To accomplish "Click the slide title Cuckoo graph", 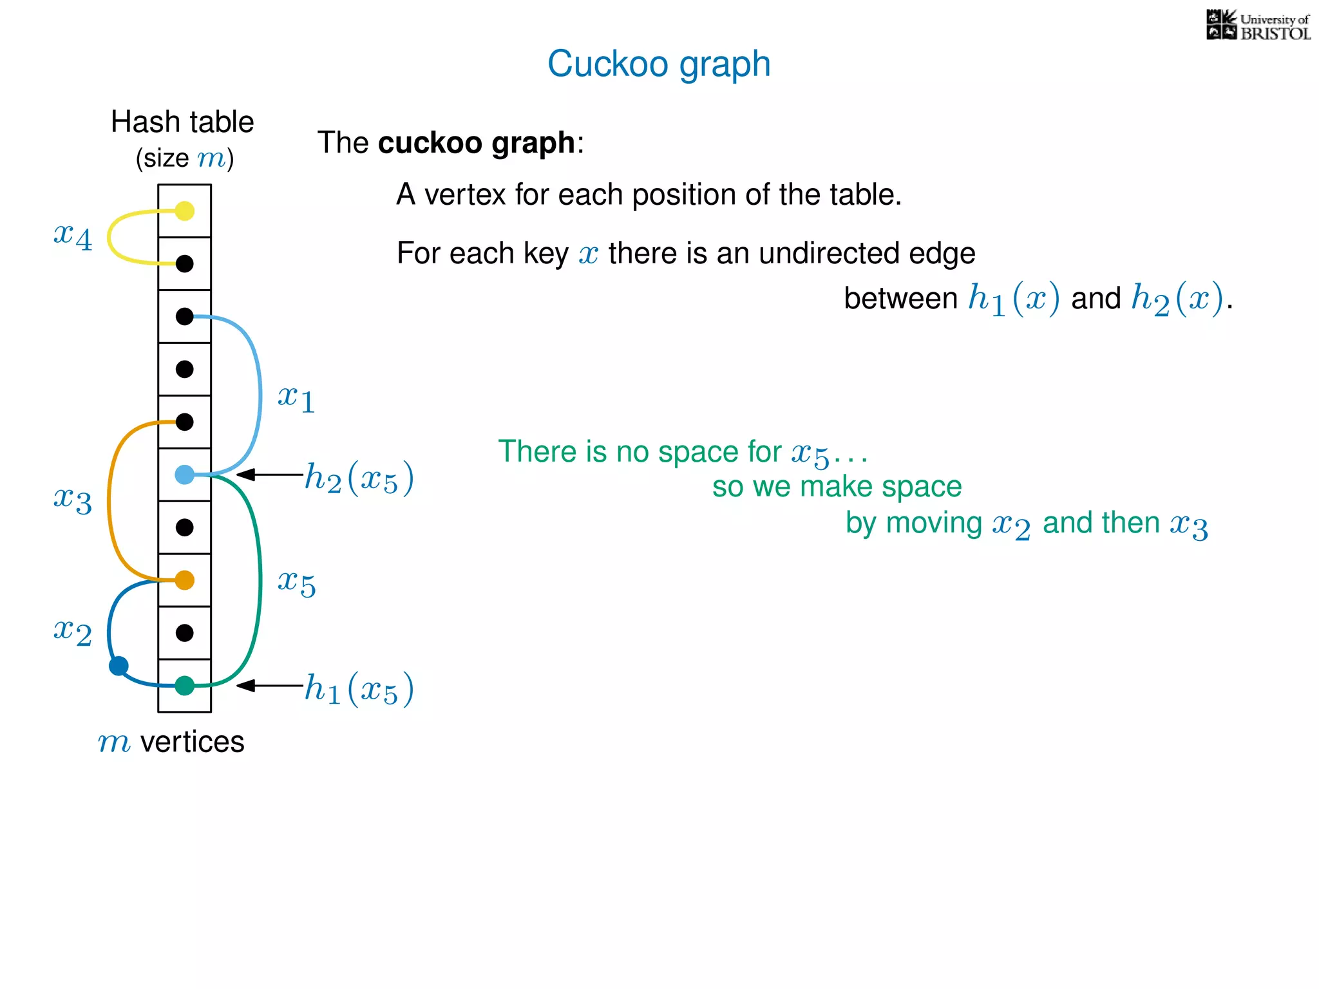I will tap(659, 64).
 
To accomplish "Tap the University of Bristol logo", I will tap(1258, 26).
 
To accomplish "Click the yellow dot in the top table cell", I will tap(185, 211).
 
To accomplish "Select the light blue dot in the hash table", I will tap(185, 475).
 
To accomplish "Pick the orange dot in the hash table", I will tap(185, 580).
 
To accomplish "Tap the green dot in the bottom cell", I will tap(185, 686).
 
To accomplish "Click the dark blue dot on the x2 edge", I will tap(119, 666).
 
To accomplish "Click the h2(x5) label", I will tap(359, 478).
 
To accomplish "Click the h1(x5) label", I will tap(359, 688).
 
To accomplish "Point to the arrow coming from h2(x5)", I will tap(269, 475).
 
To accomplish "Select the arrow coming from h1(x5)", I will tap(269, 686).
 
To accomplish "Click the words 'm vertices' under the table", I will tap(171, 742).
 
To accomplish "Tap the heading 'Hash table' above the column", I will tap(182, 122).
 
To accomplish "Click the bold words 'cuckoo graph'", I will tap(477, 143).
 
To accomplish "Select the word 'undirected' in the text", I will tap(829, 253).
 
